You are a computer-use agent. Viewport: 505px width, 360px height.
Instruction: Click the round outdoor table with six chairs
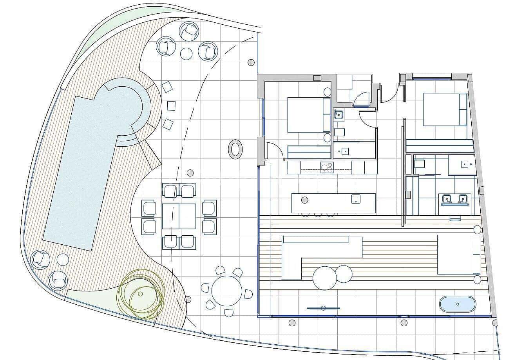pos(226,291)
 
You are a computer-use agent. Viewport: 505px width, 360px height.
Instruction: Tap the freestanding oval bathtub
pos(457,304)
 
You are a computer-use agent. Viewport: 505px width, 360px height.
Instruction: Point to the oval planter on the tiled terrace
pos(235,149)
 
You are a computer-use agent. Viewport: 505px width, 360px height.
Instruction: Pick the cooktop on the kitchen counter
pos(327,167)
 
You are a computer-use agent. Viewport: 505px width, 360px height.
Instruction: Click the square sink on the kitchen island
pos(355,198)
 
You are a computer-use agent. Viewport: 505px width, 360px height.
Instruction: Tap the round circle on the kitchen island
pos(304,200)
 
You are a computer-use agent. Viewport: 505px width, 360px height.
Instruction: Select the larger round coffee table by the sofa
pos(324,278)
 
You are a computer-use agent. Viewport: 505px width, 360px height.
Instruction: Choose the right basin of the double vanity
pos(463,199)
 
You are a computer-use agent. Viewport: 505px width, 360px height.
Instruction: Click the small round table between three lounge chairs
pos(186,53)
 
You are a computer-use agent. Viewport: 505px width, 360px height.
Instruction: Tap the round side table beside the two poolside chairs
pos(63,259)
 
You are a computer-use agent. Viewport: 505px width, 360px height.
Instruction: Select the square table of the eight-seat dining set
pos(179,216)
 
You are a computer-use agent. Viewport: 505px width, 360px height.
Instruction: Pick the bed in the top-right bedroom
pos(445,109)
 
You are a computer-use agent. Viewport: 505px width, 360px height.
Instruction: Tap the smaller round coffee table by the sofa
pos(344,274)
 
